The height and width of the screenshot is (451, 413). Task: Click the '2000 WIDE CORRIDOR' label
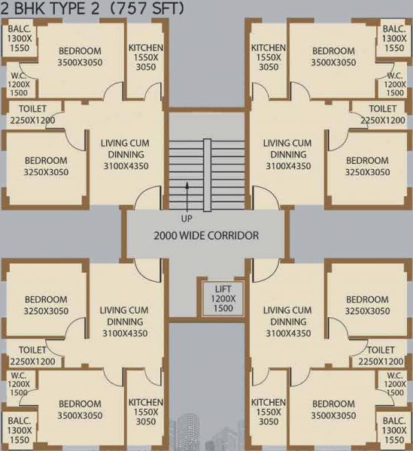point(206,235)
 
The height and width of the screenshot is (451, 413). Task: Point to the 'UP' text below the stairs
point(187,218)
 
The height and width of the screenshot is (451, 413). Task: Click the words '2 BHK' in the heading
point(26,8)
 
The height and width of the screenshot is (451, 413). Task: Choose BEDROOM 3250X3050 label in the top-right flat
point(367,166)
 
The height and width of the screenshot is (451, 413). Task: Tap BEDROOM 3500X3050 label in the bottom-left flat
point(80,410)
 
